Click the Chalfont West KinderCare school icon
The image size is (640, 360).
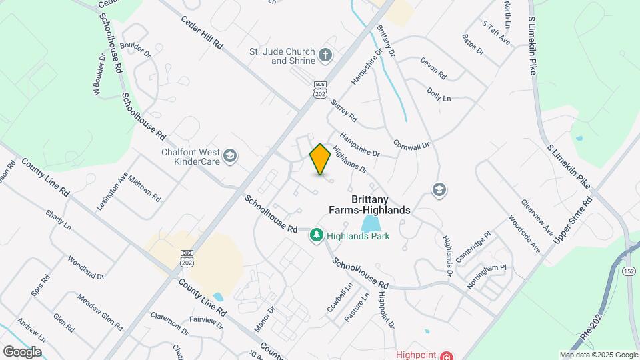230,156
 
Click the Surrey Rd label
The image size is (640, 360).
344,111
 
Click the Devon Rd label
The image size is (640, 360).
433,67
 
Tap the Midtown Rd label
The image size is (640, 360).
145,189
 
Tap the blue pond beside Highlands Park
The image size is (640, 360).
369,223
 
